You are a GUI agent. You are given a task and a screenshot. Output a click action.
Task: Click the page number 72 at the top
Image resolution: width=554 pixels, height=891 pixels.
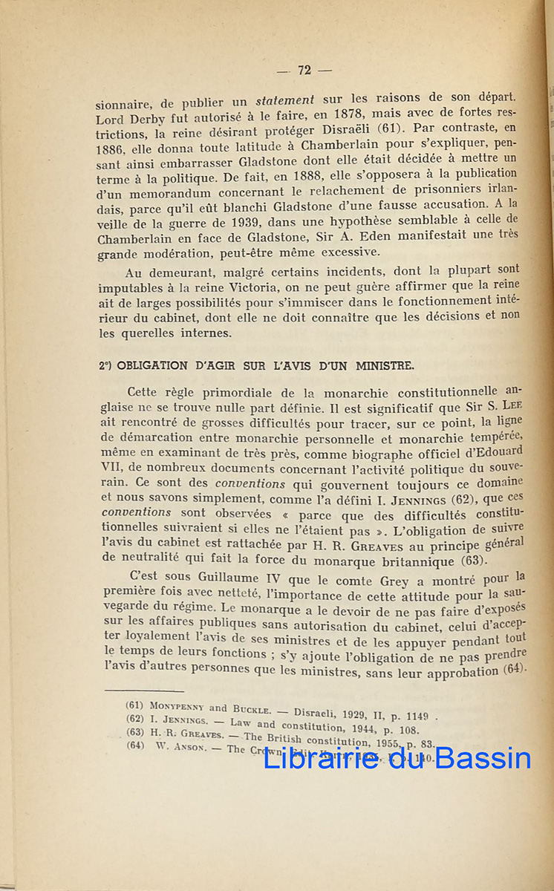pos(303,71)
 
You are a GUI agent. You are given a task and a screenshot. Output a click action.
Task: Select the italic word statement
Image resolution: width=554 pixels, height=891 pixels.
pos(284,99)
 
